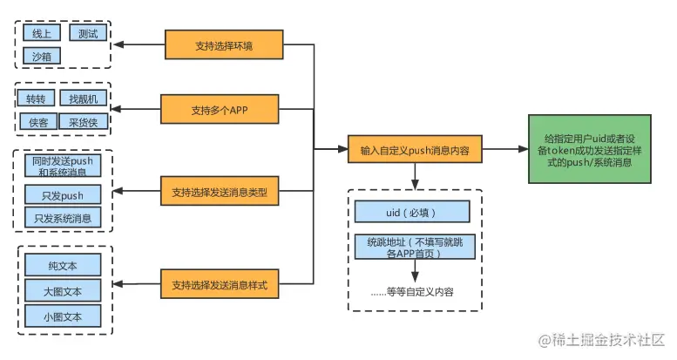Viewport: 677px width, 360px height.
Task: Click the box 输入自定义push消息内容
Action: [x=414, y=150]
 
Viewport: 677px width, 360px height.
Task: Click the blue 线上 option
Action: [x=41, y=34]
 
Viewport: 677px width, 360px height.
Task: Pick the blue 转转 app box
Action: [x=37, y=99]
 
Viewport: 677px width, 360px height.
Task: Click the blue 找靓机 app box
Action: [x=83, y=99]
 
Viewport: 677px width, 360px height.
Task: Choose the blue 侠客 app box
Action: [x=37, y=122]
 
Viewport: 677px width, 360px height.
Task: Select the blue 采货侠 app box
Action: [x=83, y=122]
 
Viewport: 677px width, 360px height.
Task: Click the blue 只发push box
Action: [x=62, y=194]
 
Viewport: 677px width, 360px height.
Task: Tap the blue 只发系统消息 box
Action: [x=62, y=218]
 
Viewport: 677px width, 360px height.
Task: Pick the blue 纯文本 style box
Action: [x=62, y=264]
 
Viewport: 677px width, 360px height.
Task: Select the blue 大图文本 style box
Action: [x=62, y=289]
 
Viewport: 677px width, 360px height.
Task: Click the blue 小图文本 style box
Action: [x=62, y=316]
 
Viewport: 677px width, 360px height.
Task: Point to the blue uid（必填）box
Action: [x=412, y=212]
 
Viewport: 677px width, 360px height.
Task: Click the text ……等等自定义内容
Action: [x=412, y=291]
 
